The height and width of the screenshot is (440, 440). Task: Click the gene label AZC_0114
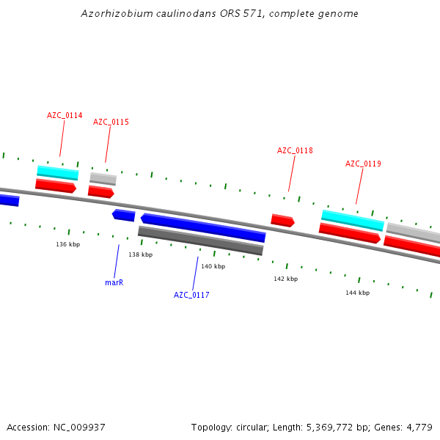point(65,116)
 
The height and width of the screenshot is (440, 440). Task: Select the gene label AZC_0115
point(111,122)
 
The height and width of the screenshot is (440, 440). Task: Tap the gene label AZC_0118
point(295,150)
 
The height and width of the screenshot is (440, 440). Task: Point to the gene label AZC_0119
point(363,164)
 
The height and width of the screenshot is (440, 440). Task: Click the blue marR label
point(114,282)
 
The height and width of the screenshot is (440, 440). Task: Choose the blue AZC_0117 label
point(191,295)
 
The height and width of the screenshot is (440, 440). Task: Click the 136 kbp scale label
point(67,244)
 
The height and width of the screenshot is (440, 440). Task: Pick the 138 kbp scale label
point(140,254)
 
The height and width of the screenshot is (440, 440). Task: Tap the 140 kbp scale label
point(213,266)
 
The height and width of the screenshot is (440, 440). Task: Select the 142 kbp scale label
point(285,279)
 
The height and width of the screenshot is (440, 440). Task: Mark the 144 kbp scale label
point(357,293)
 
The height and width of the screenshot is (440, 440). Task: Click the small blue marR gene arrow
point(124,215)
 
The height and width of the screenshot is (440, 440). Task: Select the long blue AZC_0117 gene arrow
point(203,228)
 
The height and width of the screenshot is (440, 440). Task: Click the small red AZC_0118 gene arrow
point(282,220)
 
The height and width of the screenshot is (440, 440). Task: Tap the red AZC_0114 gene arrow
point(56,186)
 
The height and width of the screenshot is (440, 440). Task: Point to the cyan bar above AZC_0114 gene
point(58,172)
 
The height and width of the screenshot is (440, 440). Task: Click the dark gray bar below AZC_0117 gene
point(200,241)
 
